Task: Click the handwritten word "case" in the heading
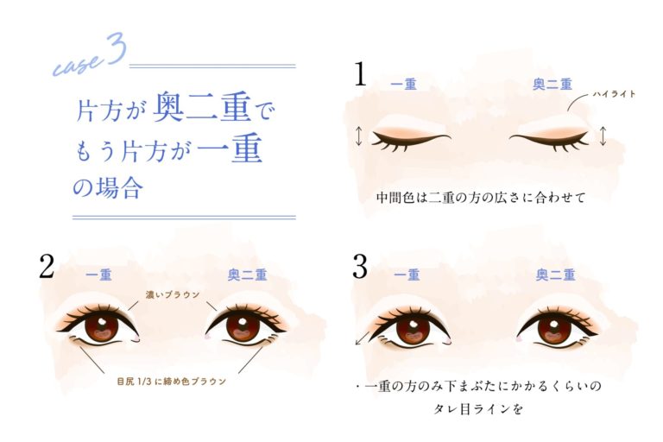(x=77, y=62)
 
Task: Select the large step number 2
(x=47, y=268)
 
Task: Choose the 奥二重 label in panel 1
(x=551, y=85)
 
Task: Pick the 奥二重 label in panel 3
(x=554, y=275)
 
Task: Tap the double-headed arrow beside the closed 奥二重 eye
(x=603, y=136)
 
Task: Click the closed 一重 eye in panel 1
(x=410, y=138)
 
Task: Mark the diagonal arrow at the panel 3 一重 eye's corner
(x=361, y=339)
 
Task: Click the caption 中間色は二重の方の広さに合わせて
(x=481, y=198)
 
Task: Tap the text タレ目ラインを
(x=479, y=409)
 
